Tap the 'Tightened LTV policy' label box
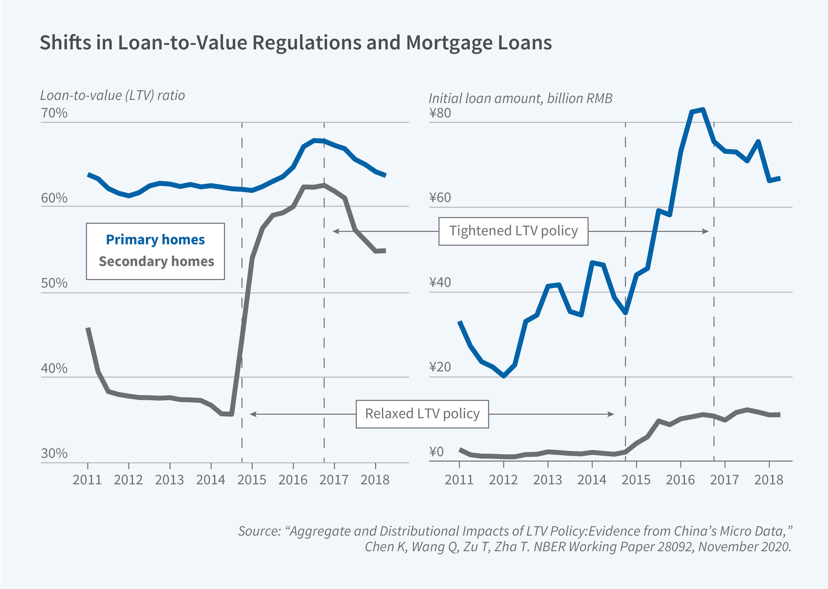(x=513, y=231)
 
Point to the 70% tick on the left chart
(x=54, y=113)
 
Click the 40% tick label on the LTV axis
(x=54, y=369)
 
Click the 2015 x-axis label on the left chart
(x=252, y=480)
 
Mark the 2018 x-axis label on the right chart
(x=768, y=480)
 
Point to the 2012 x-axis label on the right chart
(x=503, y=480)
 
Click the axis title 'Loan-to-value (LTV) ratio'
(x=113, y=95)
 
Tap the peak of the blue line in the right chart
(x=703, y=110)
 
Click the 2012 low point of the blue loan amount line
(x=504, y=376)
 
